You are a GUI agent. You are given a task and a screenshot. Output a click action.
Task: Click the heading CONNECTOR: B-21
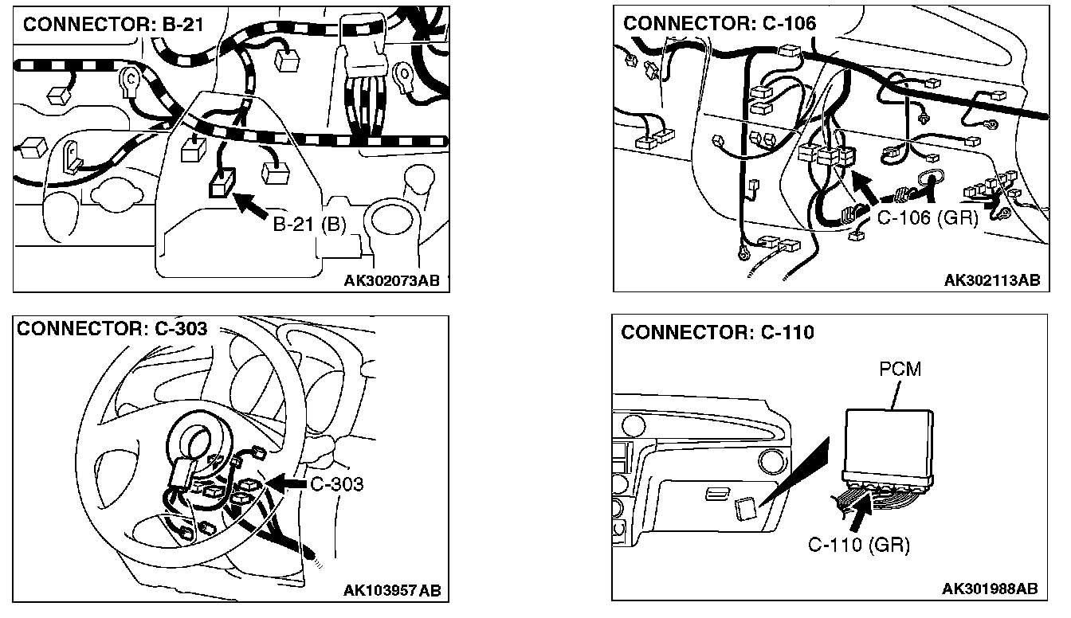(113, 24)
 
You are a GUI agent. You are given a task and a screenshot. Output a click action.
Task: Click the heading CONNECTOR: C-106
(720, 23)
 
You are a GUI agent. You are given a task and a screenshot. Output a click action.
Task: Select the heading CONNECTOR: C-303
(112, 329)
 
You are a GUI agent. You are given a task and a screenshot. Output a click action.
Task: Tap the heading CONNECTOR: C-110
(717, 332)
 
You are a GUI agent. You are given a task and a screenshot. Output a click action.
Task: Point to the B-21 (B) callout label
(310, 225)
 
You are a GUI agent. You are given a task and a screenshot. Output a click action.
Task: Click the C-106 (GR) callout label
(927, 217)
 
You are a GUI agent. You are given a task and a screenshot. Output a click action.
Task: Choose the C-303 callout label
(336, 483)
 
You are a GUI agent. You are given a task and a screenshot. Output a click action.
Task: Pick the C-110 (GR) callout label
(858, 545)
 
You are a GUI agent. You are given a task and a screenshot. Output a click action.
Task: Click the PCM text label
(900, 370)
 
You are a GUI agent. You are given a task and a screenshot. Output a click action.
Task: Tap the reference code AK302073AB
(392, 280)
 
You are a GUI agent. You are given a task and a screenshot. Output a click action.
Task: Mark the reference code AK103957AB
(391, 590)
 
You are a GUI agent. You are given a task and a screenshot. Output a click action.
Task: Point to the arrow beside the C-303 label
(286, 483)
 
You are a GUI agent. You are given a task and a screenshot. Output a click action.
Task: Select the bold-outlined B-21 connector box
(221, 185)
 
